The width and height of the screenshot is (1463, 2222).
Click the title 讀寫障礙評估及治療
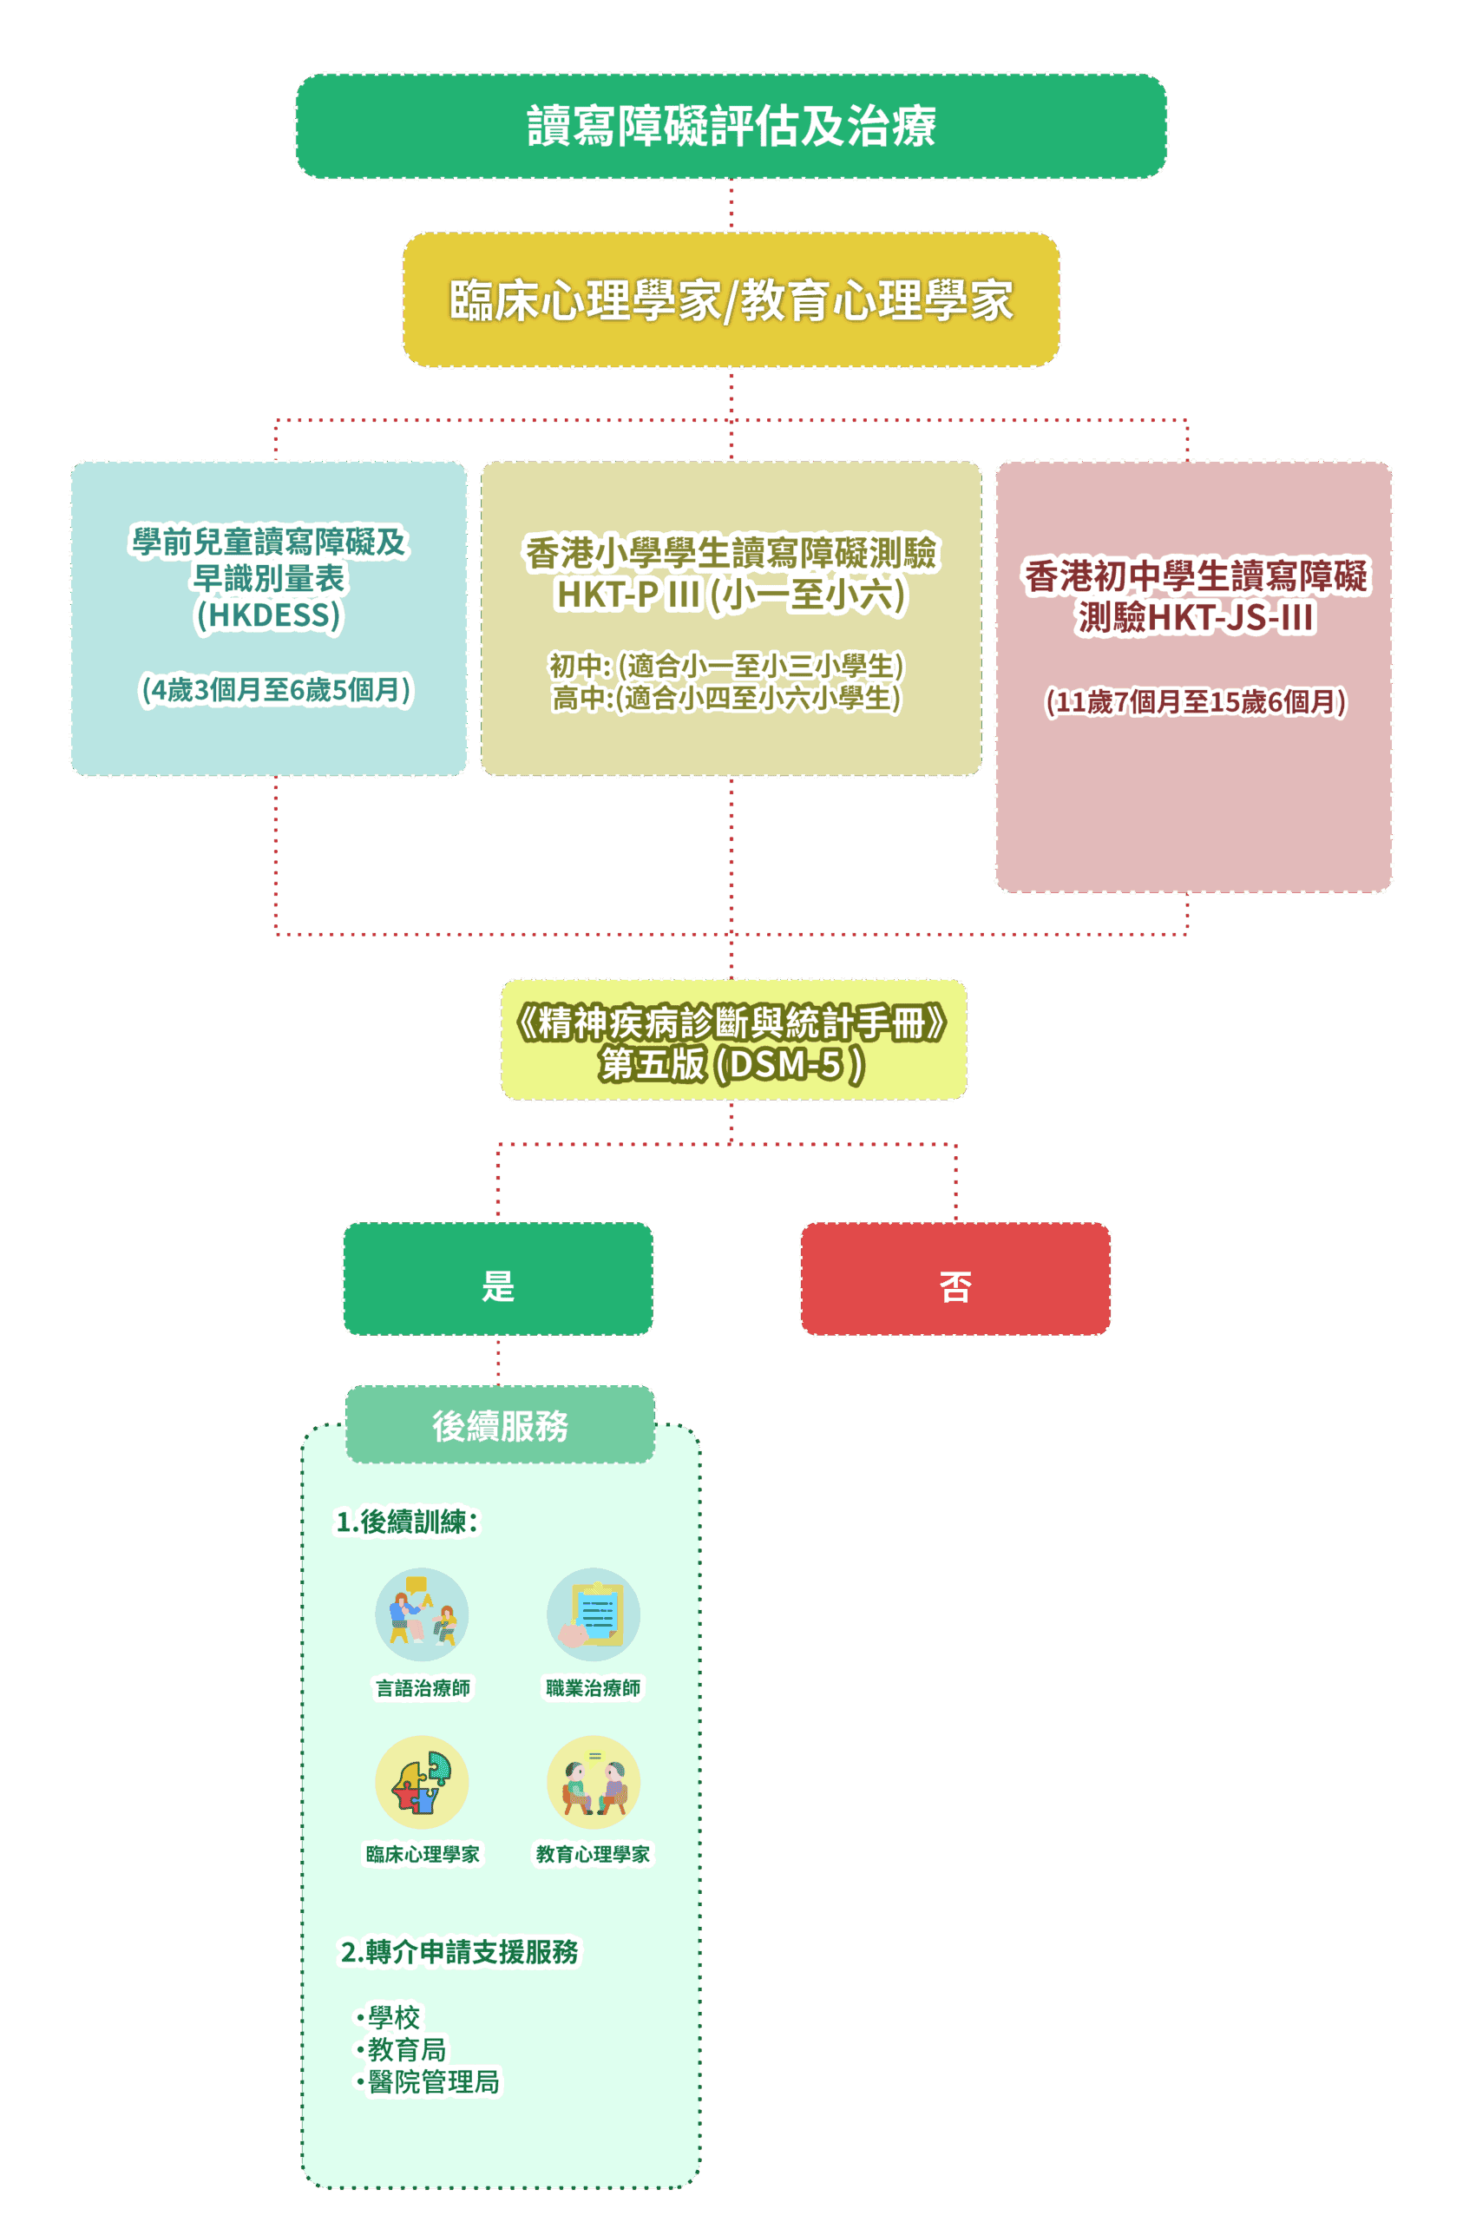tap(731, 126)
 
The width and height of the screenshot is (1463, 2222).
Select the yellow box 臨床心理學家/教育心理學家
tap(731, 299)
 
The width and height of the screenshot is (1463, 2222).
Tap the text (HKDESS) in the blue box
tap(269, 615)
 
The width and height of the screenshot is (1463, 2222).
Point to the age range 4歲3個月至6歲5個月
tap(275, 690)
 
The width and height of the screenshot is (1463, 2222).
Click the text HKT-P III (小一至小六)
tap(731, 595)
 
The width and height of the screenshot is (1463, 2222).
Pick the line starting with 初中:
tap(726, 666)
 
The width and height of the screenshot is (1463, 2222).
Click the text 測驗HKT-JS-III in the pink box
tap(1196, 617)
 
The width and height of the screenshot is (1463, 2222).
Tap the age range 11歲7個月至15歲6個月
tap(1195, 702)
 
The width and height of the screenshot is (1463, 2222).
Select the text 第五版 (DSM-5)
tap(732, 1064)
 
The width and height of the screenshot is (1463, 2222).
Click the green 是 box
tap(497, 1279)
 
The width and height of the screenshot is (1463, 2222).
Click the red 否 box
tap(955, 1279)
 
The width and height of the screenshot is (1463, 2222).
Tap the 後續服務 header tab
tap(500, 1424)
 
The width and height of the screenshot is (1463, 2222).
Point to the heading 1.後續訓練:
tap(407, 1522)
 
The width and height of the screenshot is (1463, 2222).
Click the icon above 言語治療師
tap(422, 1614)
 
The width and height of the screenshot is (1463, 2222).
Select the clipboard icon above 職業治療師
tap(594, 1614)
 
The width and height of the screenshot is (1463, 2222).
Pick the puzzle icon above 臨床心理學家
tap(422, 1781)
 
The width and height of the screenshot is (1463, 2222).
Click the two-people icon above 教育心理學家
tap(594, 1781)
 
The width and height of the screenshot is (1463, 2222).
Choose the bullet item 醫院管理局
tap(433, 2081)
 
